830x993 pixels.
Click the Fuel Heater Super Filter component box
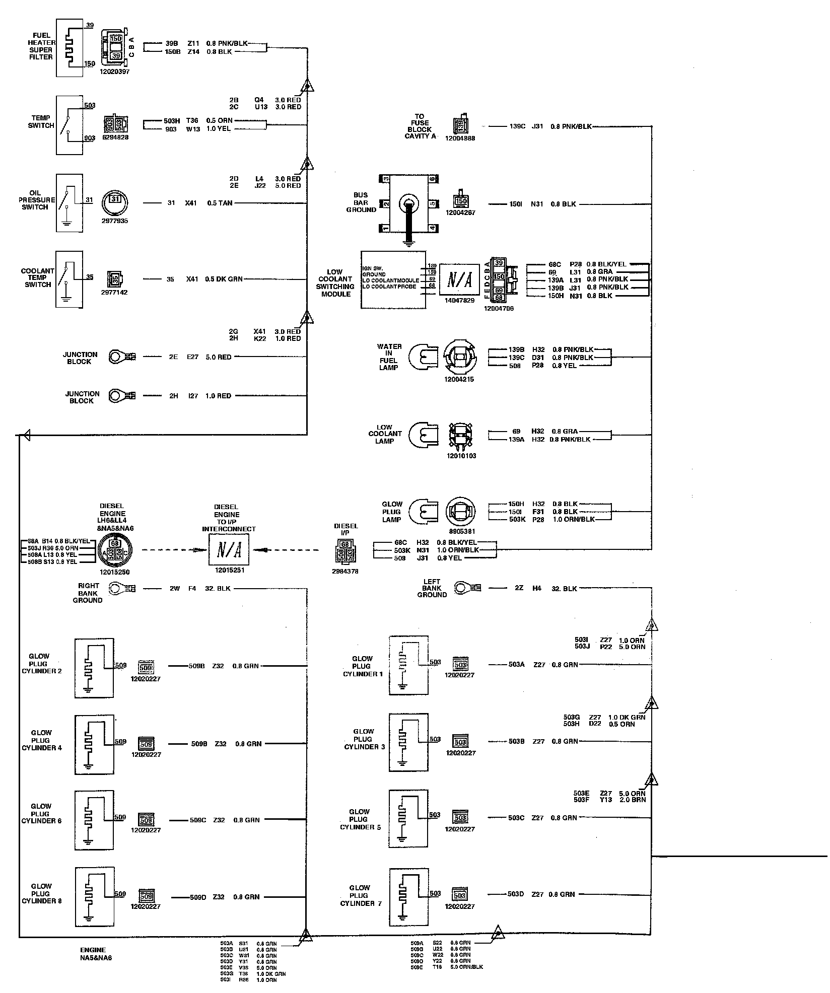70,48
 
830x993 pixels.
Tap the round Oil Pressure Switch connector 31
115,202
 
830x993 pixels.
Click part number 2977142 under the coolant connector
114,292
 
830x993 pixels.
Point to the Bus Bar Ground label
361,202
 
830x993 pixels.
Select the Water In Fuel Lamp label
389,357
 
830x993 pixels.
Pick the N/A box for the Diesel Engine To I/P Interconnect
229,550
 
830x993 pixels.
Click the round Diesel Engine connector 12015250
115,550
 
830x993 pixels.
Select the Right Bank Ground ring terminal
117,588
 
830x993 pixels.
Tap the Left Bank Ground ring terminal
463,588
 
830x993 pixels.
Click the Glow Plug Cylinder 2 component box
94,668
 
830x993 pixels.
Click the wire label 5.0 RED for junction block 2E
219,357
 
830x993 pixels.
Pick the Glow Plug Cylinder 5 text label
360,819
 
